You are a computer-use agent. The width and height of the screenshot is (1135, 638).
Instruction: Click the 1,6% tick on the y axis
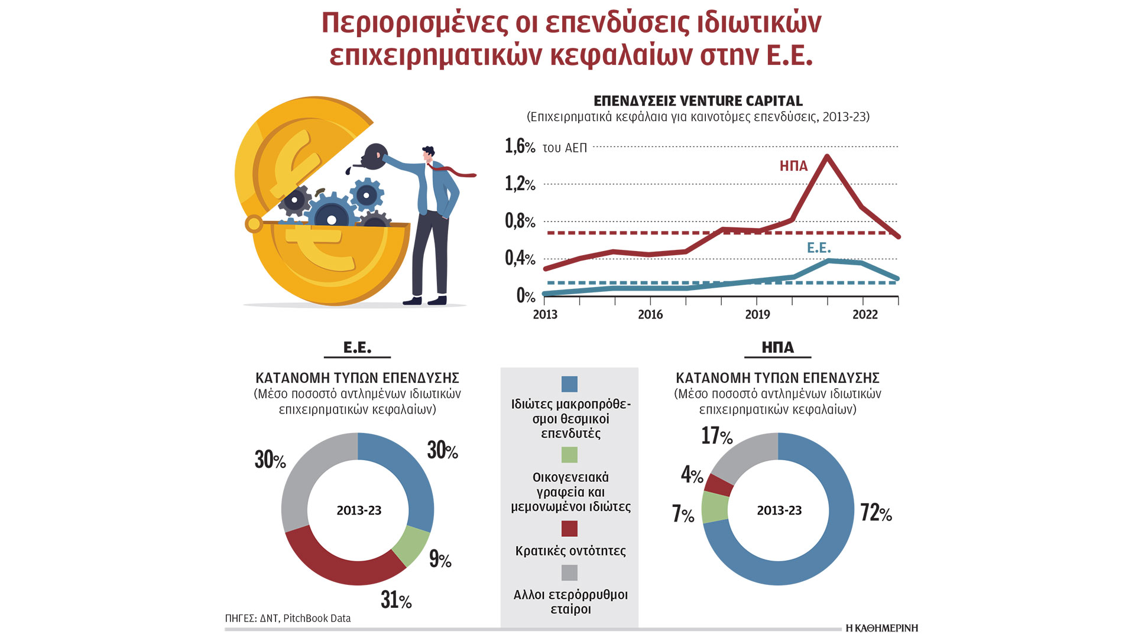pos(520,146)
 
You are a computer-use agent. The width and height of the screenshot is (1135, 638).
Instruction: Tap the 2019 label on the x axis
pos(757,314)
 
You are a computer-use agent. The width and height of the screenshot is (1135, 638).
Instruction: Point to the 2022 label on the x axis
pos(865,314)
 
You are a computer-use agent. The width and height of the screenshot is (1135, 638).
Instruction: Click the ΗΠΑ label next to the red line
pos(793,166)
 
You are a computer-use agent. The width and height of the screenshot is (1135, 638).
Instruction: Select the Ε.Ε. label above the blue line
pos(819,248)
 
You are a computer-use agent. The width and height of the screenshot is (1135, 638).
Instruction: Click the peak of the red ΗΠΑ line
pos(826,157)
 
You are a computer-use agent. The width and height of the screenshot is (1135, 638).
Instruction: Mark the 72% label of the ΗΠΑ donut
pos(876,513)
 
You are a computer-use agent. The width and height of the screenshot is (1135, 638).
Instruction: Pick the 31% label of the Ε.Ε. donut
pos(396,600)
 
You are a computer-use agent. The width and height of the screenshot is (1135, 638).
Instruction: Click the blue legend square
pos(569,384)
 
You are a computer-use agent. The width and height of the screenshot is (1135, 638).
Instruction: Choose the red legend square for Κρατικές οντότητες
pos(569,528)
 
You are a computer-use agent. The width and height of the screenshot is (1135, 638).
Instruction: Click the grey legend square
pos(569,572)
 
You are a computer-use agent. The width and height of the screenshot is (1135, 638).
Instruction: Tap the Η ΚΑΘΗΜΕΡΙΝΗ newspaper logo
pos(881,628)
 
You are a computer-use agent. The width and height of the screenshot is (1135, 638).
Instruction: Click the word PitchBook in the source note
pos(306,619)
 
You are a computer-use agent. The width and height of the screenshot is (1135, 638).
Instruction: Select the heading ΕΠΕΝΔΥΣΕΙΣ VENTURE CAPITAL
pos(698,101)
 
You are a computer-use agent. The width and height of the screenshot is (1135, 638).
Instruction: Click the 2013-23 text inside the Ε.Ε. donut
pos(359,510)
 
